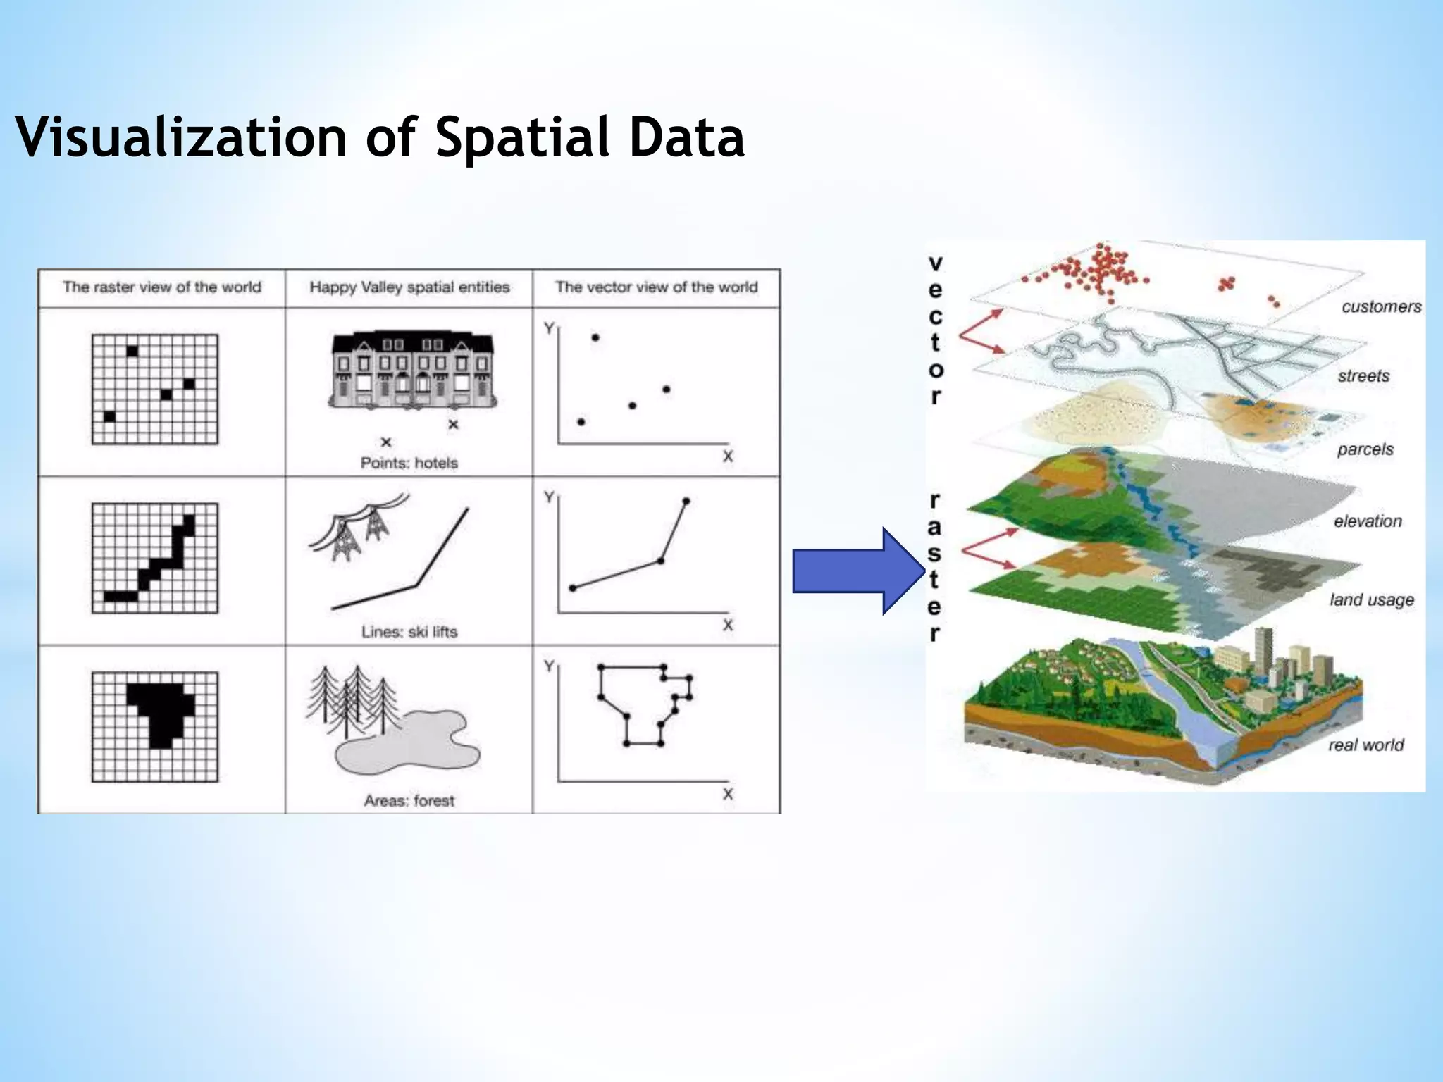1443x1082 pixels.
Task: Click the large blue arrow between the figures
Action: [857, 571]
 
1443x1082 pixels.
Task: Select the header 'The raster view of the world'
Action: [161, 287]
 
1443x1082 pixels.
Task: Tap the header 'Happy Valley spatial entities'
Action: [409, 287]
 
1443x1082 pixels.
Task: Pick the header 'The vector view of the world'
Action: [656, 287]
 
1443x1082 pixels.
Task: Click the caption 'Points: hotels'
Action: [409, 463]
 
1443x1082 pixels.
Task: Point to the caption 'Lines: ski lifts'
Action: [409, 632]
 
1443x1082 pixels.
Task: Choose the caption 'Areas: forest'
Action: [409, 801]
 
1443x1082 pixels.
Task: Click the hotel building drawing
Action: [412, 371]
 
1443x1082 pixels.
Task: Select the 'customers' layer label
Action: [1381, 306]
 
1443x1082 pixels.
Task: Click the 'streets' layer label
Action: [1363, 376]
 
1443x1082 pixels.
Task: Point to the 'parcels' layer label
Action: [1365, 449]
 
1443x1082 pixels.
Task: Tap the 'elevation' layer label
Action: [1368, 521]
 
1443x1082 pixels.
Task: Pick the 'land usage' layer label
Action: [1371, 599]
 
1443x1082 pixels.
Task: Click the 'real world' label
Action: [1365, 745]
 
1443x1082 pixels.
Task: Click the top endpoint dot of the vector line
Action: [686, 502]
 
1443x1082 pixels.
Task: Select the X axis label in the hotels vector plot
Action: [728, 456]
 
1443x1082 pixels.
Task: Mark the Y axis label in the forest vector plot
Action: [549, 666]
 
